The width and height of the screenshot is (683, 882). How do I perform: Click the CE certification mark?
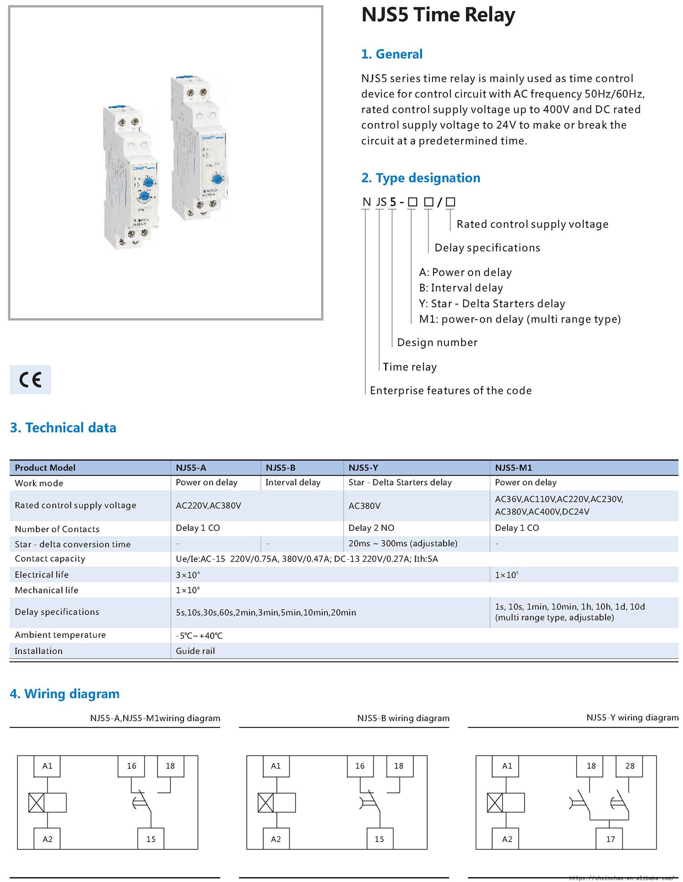point(30,379)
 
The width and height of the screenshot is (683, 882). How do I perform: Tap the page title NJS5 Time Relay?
point(438,15)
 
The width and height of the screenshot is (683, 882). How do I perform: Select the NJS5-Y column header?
point(363,467)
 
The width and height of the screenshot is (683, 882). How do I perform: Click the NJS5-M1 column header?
point(513,467)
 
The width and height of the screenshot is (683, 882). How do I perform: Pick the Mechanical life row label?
point(46,590)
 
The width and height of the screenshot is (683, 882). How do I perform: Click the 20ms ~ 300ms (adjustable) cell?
point(403,544)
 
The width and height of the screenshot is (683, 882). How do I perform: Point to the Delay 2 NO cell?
point(371,528)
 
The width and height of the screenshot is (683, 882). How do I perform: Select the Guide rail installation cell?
point(195,651)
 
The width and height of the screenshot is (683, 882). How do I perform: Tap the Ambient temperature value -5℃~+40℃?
point(199,635)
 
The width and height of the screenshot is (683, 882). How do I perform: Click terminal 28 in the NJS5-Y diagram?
point(630,766)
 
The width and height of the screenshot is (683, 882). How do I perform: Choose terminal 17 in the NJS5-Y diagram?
point(610,839)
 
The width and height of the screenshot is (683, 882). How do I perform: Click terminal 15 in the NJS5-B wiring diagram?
point(379,839)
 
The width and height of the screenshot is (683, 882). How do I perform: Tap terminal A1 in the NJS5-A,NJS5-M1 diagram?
point(47,766)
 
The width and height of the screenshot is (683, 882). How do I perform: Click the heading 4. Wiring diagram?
point(65,694)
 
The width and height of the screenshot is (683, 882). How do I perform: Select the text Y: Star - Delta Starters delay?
point(492,303)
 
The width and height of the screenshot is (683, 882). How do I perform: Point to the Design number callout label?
point(437,343)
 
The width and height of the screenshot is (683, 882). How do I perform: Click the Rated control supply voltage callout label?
point(532,224)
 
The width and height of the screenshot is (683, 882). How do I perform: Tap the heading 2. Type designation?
point(420,178)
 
